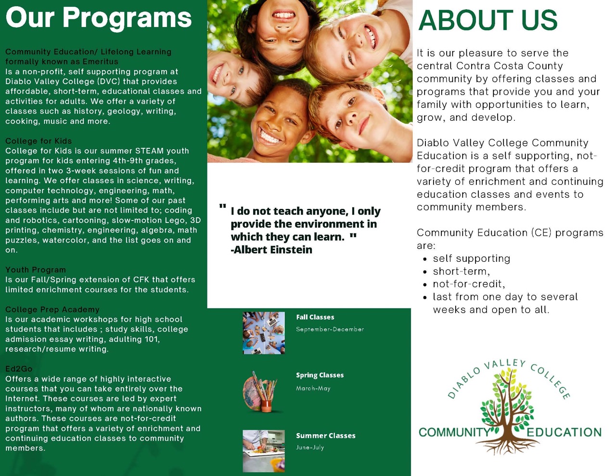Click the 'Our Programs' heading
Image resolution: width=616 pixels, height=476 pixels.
(99, 19)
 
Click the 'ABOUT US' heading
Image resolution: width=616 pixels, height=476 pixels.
(488, 20)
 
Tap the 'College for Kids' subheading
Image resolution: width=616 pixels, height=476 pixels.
(38, 141)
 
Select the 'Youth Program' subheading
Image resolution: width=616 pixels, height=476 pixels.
(36, 270)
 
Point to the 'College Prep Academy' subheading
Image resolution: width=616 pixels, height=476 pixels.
(52, 309)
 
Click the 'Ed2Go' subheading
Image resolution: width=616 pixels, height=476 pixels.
(19, 369)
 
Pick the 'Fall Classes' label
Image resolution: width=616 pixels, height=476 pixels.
(315, 317)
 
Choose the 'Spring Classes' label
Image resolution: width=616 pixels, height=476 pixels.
(320, 375)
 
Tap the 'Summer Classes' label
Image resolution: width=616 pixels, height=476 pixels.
(326, 436)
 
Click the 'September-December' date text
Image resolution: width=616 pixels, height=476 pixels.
(330, 329)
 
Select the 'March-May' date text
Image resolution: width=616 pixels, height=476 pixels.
(313, 388)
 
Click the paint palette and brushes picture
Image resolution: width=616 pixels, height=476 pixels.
(260, 391)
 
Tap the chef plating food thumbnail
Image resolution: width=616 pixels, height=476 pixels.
(264, 451)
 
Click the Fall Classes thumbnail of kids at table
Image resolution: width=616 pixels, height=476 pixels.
(264, 333)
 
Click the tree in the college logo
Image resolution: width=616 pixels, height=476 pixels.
(507, 411)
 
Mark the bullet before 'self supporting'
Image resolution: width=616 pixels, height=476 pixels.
(424, 259)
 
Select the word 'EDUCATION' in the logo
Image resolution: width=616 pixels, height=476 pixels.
(564, 432)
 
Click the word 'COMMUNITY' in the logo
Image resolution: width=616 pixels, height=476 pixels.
(454, 432)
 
